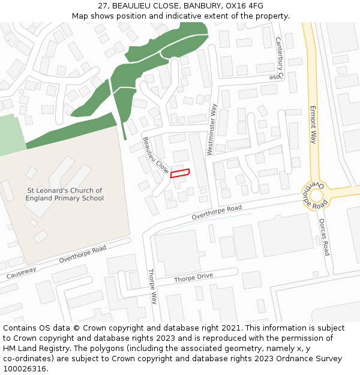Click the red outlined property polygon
coord(180,173)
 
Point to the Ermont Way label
coord(313,125)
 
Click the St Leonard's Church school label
coord(65,194)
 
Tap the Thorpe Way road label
coord(152,287)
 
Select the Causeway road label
coord(20,273)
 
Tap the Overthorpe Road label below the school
coord(82,254)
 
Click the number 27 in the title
coord(103,6)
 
